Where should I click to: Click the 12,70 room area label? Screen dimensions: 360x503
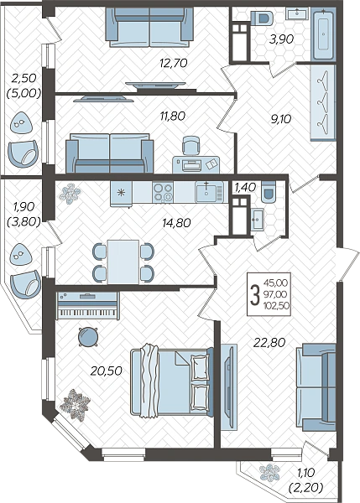click(x=174, y=63)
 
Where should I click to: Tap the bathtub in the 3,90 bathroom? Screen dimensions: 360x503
click(x=324, y=34)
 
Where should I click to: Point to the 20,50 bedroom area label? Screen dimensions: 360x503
click(x=106, y=371)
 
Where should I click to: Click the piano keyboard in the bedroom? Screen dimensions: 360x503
click(x=88, y=306)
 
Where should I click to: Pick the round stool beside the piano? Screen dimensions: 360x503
click(x=88, y=336)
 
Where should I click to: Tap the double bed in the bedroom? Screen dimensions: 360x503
click(x=172, y=381)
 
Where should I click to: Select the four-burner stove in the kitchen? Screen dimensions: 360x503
click(x=163, y=192)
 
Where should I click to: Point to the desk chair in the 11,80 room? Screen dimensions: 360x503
click(x=191, y=146)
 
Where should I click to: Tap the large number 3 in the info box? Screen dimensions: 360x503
click(x=255, y=294)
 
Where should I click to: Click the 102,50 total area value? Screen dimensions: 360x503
click(x=276, y=306)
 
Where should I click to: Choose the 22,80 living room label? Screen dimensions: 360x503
click(x=269, y=343)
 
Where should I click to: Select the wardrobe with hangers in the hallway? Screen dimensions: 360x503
click(x=323, y=102)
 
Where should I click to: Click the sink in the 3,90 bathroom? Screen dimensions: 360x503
click(x=297, y=13)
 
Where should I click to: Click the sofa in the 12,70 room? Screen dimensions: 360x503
click(x=149, y=28)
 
